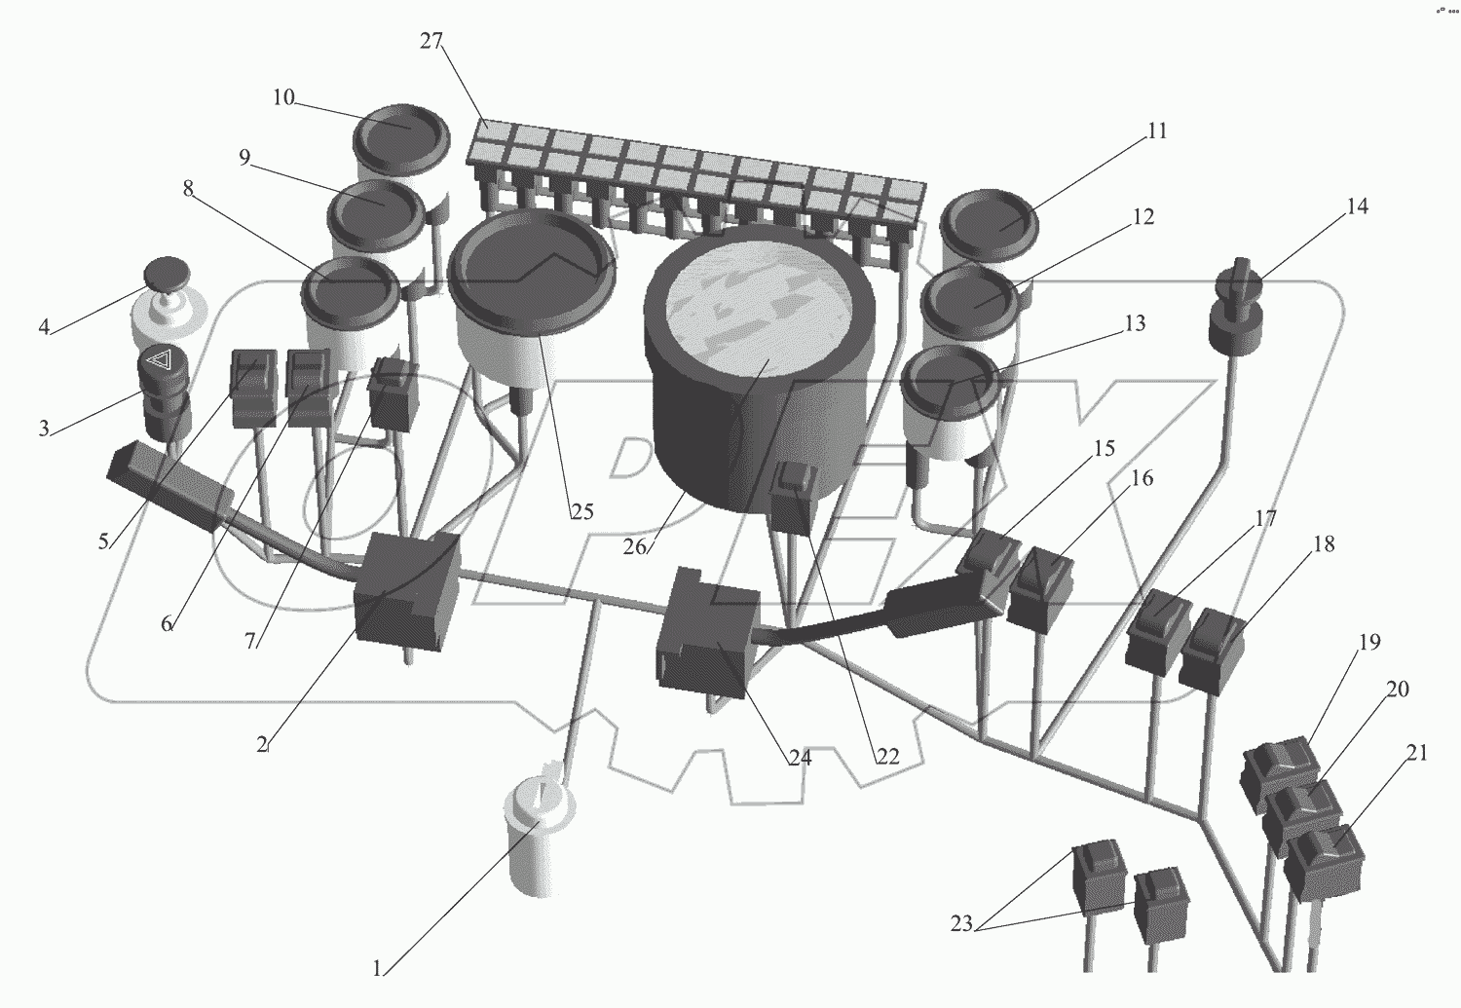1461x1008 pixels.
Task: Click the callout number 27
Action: [431, 41]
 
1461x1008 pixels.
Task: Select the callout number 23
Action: [961, 924]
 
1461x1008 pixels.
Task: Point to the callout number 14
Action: [1357, 206]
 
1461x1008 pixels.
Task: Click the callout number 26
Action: [634, 547]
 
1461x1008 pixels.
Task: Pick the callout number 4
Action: [44, 327]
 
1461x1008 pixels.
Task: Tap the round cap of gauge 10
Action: [401, 131]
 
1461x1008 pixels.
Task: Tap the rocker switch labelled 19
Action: [1279, 769]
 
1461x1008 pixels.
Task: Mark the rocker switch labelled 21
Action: [1322, 862]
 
